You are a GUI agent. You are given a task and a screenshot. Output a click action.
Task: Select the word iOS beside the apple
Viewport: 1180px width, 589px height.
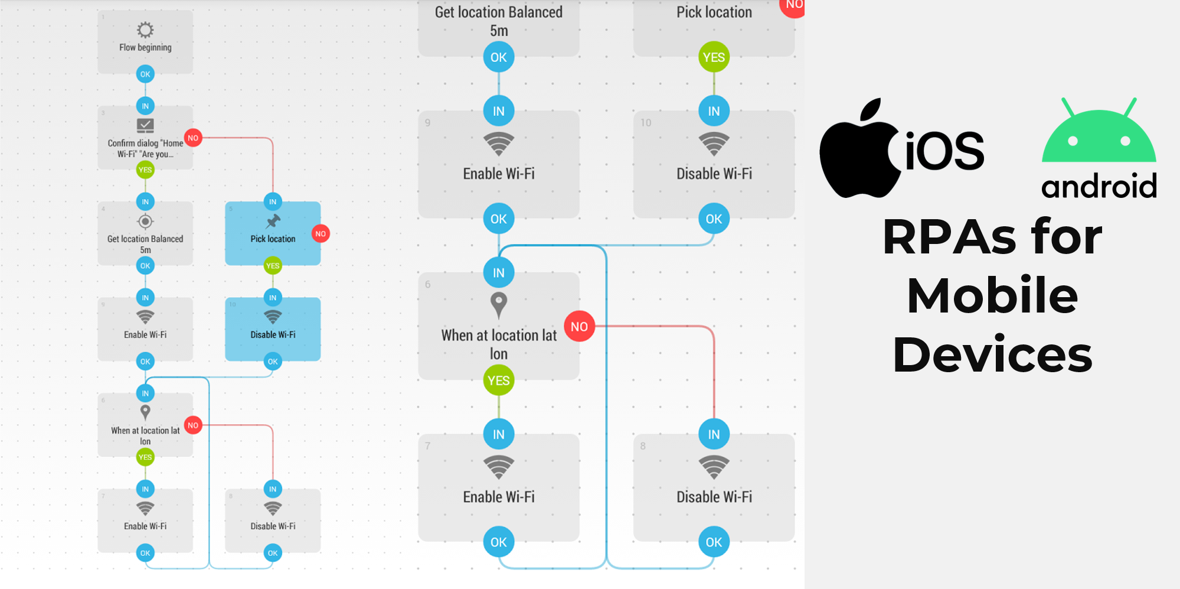tap(944, 151)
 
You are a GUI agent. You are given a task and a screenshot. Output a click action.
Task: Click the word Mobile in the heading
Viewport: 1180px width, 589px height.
tap(992, 295)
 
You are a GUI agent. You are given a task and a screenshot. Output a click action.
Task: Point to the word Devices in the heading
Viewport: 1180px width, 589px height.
tap(992, 354)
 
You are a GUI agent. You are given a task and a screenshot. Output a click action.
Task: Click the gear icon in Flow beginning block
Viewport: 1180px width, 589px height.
tap(145, 30)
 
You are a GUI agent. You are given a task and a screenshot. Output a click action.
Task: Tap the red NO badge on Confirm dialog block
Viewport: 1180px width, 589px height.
tap(193, 138)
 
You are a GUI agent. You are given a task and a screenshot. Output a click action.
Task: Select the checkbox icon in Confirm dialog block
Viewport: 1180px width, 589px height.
tap(145, 125)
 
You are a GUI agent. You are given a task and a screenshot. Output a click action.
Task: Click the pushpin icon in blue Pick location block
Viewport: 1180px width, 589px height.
tap(273, 221)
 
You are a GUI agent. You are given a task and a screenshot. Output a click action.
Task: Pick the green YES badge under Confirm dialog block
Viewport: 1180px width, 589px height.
tap(145, 170)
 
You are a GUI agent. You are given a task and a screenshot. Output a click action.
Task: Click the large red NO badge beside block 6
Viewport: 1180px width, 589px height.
tap(579, 327)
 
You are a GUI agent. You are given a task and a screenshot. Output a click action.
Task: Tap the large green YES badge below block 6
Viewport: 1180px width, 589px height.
tap(499, 380)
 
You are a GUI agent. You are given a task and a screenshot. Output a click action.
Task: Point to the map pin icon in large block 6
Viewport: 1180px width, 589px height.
tap(499, 304)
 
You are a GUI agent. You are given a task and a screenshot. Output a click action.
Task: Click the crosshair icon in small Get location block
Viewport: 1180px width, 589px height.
tap(145, 222)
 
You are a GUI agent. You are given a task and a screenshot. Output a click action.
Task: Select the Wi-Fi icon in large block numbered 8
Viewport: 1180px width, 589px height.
tap(714, 466)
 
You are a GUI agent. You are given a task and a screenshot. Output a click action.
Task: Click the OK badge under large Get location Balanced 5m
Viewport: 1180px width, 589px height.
tap(499, 57)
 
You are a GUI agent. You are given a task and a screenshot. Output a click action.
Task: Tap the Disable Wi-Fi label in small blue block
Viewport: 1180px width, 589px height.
tap(273, 334)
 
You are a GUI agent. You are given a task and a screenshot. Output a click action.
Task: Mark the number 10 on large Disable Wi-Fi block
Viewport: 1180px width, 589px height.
tap(646, 123)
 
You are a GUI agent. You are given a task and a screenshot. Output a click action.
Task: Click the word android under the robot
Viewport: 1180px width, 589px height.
tap(1099, 187)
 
